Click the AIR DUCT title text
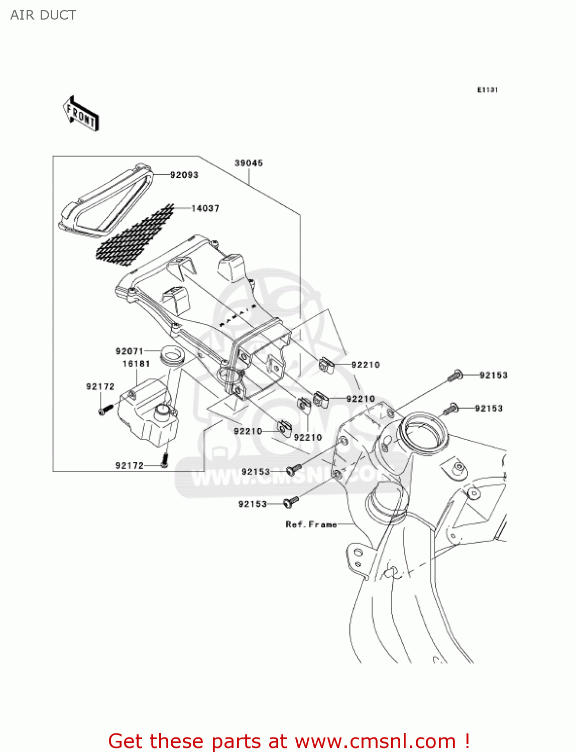43,15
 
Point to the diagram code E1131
487,90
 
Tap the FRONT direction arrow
81,114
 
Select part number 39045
249,163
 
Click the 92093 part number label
184,175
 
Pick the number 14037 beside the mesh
205,208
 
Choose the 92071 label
130,351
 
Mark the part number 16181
136,363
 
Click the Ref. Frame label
311,524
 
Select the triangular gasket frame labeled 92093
105,201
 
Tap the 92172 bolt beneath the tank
164,458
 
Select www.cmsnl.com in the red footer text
375,741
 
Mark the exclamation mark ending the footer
467,741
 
